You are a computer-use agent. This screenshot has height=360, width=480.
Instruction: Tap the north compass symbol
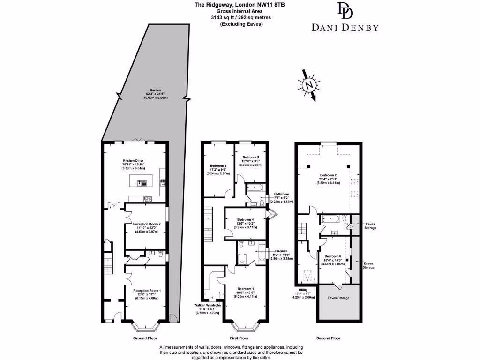tap(309, 85)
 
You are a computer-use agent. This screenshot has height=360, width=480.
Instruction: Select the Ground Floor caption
tap(145, 338)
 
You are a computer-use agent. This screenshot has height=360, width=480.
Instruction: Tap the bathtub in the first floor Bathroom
tap(256, 188)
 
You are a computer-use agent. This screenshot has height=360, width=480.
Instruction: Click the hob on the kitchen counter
tap(148, 198)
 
